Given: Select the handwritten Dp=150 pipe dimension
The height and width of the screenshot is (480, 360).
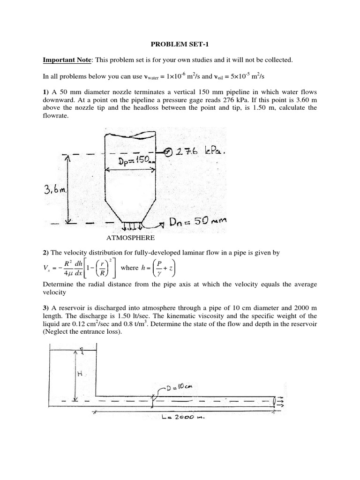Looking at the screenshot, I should pyautogui.click(x=131, y=161).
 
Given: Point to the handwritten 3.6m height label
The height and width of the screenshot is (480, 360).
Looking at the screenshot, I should pyautogui.click(x=56, y=191).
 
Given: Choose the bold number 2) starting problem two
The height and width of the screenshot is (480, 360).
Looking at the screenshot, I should pyautogui.click(x=46, y=253).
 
